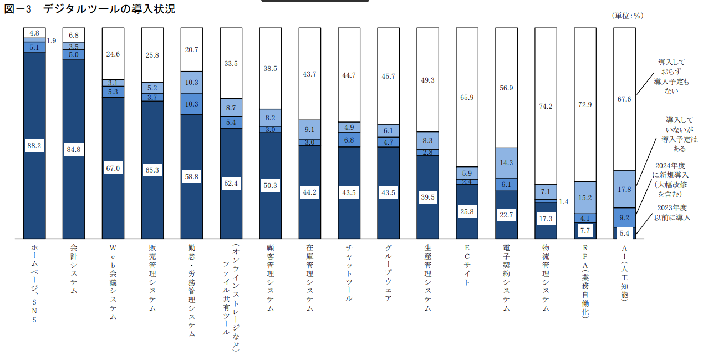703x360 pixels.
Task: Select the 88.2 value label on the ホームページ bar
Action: (34, 146)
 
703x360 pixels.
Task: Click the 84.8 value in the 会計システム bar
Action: (74, 149)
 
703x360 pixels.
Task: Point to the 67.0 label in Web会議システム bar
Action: (113, 168)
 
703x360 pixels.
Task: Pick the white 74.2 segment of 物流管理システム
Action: (546, 107)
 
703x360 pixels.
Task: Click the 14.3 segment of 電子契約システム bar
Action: (507, 163)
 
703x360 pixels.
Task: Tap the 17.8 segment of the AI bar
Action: (625, 189)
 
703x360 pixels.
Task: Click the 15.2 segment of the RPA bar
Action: (585, 197)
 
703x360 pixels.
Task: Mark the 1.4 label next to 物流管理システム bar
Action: (564, 202)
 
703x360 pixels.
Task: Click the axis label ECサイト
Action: (467, 265)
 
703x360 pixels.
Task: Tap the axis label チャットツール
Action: (349, 272)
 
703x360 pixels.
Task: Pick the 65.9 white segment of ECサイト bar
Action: (467, 98)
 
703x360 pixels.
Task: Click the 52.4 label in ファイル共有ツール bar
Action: (231, 183)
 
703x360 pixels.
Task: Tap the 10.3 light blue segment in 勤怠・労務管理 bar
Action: (192, 82)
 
